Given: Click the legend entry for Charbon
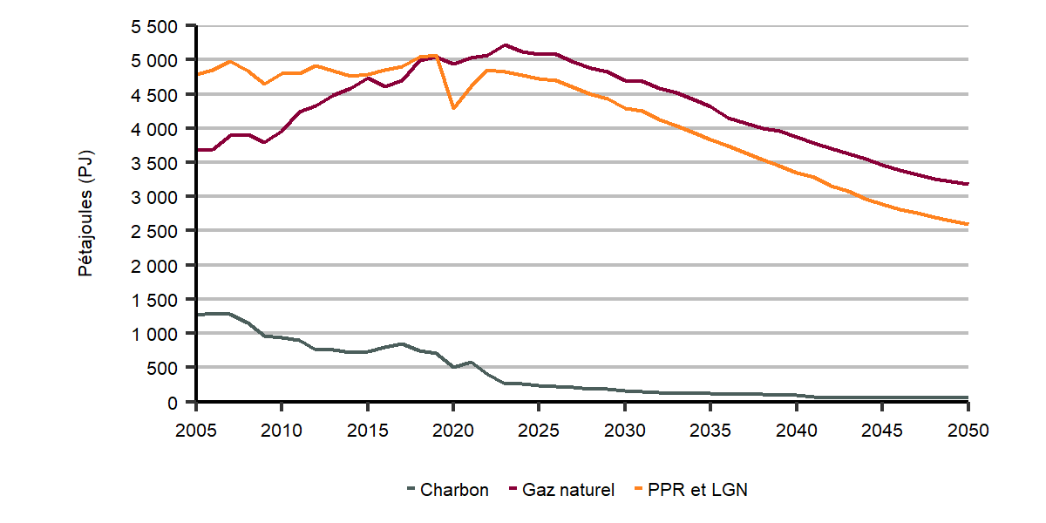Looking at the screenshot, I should point(454,490).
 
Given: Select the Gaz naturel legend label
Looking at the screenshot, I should point(567,490).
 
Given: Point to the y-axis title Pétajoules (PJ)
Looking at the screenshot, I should point(86,214).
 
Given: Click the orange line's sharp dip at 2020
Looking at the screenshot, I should point(453,108).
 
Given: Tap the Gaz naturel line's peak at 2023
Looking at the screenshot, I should point(505,45).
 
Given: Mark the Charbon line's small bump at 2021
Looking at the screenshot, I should point(471,363).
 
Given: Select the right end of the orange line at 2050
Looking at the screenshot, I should point(968,224).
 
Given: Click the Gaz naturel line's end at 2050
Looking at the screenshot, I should point(968,184).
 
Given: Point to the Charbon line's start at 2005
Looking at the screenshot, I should point(197,315).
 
